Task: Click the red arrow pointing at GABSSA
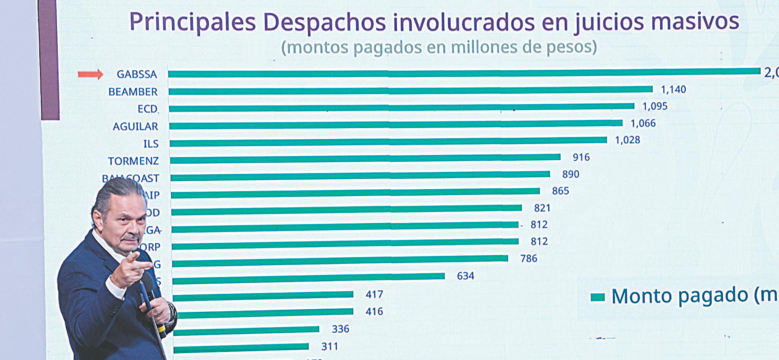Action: tap(90, 74)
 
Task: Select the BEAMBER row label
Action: tap(133, 92)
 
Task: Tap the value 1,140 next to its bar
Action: tap(673, 89)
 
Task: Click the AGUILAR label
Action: tap(135, 127)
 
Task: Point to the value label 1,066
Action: tap(643, 123)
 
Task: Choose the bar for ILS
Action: tap(388, 141)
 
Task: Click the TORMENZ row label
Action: tap(133, 161)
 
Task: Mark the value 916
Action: tap(581, 157)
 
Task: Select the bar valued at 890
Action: tap(360, 175)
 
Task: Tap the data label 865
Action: tap(560, 191)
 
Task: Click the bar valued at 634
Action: tap(308, 277)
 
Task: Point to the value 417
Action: tap(374, 294)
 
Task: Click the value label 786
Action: tap(529, 258)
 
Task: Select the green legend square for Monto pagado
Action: tap(598, 297)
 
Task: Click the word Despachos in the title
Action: tap(324, 22)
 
